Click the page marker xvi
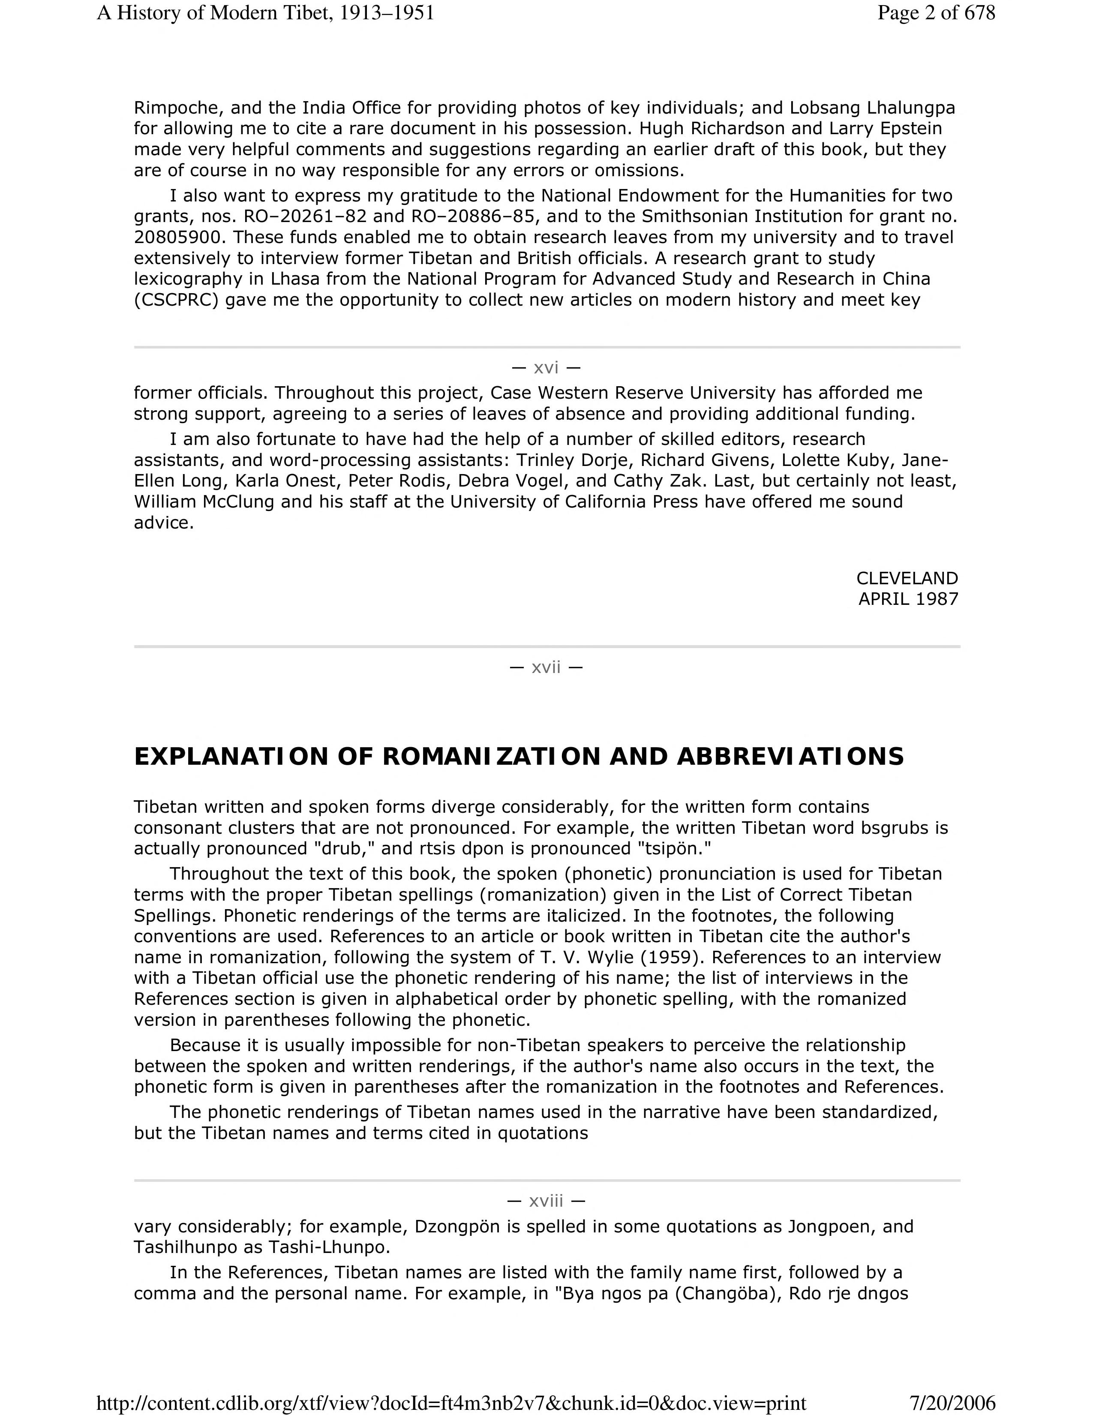coord(546,368)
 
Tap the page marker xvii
coord(546,667)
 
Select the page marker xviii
coord(546,1201)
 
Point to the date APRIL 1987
coord(908,599)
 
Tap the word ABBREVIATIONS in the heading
coord(790,757)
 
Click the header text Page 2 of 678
coord(936,13)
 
